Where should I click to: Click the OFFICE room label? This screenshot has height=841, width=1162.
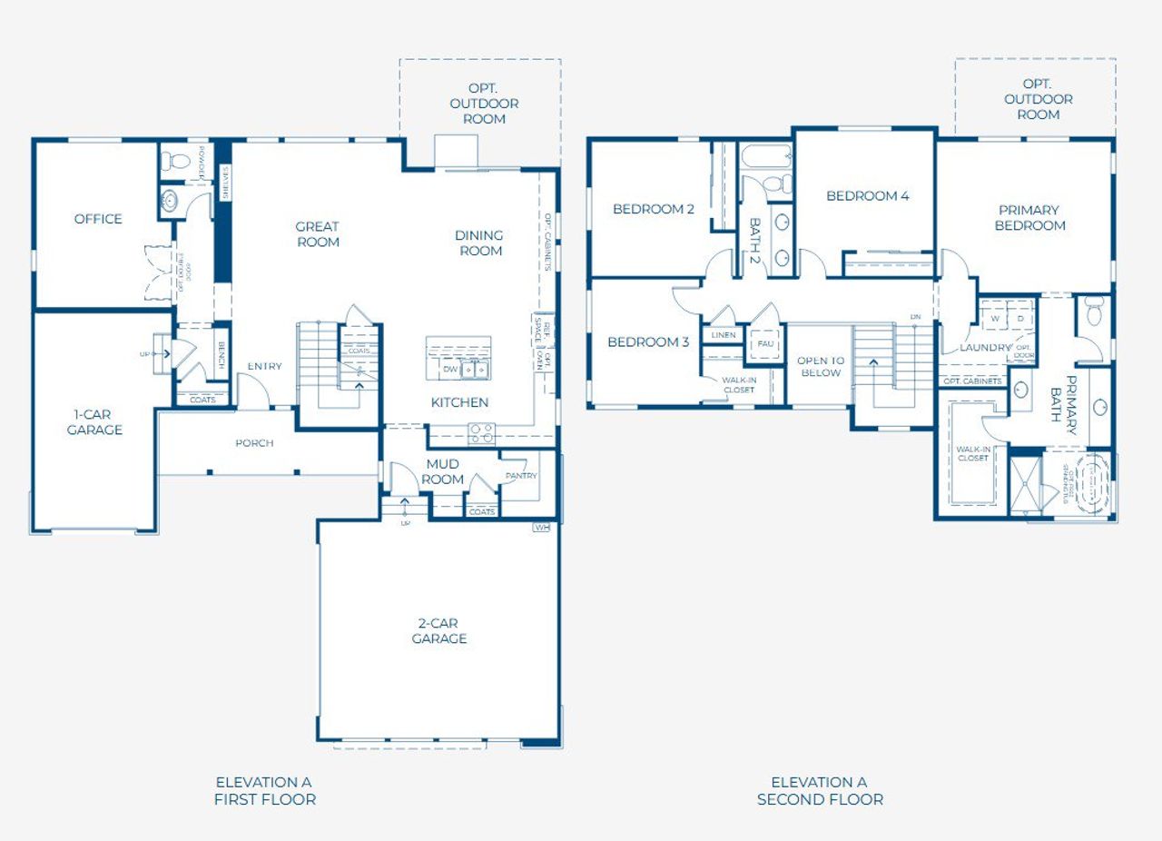pyautogui.click(x=98, y=219)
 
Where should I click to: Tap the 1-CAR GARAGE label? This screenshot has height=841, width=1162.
pyautogui.click(x=94, y=421)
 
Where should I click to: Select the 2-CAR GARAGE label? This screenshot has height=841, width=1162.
pyautogui.click(x=439, y=630)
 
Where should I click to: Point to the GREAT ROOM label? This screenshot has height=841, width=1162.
pyautogui.click(x=318, y=234)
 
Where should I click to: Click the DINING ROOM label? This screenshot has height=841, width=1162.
pyautogui.click(x=480, y=242)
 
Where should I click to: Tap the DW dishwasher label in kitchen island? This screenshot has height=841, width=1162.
pyautogui.click(x=450, y=370)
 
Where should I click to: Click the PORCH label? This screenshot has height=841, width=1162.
pyautogui.click(x=254, y=443)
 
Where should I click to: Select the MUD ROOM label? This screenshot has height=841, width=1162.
pyautogui.click(x=443, y=472)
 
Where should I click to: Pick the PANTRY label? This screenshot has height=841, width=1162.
pyautogui.click(x=521, y=476)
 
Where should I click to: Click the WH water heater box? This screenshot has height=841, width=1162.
pyautogui.click(x=542, y=527)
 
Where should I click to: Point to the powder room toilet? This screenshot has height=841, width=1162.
pyautogui.click(x=175, y=162)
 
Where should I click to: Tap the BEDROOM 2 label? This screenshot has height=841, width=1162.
pyautogui.click(x=654, y=209)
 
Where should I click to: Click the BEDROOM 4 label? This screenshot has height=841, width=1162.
pyautogui.click(x=867, y=195)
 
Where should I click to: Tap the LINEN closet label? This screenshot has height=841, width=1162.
pyautogui.click(x=724, y=335)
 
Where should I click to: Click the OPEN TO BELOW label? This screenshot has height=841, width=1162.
pyautogui.click(x=821, y=366)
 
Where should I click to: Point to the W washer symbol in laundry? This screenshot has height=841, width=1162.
pyautogui.click(x=994, y=320)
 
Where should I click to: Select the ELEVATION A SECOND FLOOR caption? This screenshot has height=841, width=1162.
pyautogui.click(x=820, y=790)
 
